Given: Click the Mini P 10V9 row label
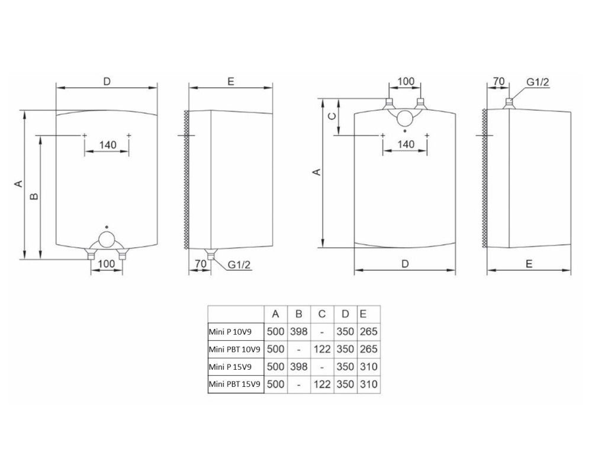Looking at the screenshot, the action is click(230, 332).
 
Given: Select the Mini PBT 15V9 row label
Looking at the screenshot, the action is click(234, 385).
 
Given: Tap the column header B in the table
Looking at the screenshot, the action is click(298, 314).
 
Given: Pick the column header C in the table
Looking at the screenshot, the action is click(322, 314).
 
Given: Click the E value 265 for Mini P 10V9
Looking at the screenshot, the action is click(368, 331).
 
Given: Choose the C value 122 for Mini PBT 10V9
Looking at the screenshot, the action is click(322, 349).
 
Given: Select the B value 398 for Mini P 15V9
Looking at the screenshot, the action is click(298, 367).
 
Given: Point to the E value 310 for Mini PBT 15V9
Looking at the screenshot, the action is click(368, 384).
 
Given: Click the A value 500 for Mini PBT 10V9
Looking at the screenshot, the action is click(276, 349).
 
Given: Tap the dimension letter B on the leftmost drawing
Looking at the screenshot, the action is click(34, 197).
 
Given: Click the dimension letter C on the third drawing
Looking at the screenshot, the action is click(332, 116).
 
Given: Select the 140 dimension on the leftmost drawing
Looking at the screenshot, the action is click(108, 145).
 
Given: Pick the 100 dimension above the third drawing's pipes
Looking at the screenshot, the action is click(406, 81).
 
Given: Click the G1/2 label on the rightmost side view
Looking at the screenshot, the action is click(538, 82).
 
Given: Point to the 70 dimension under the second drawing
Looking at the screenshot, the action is click(201, 263).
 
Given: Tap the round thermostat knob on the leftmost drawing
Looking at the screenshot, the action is click(107, 239).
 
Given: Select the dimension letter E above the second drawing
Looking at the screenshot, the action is click(231, 82).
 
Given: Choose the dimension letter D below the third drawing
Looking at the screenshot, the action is click(405, 264).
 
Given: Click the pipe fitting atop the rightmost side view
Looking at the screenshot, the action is click(509, 103).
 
